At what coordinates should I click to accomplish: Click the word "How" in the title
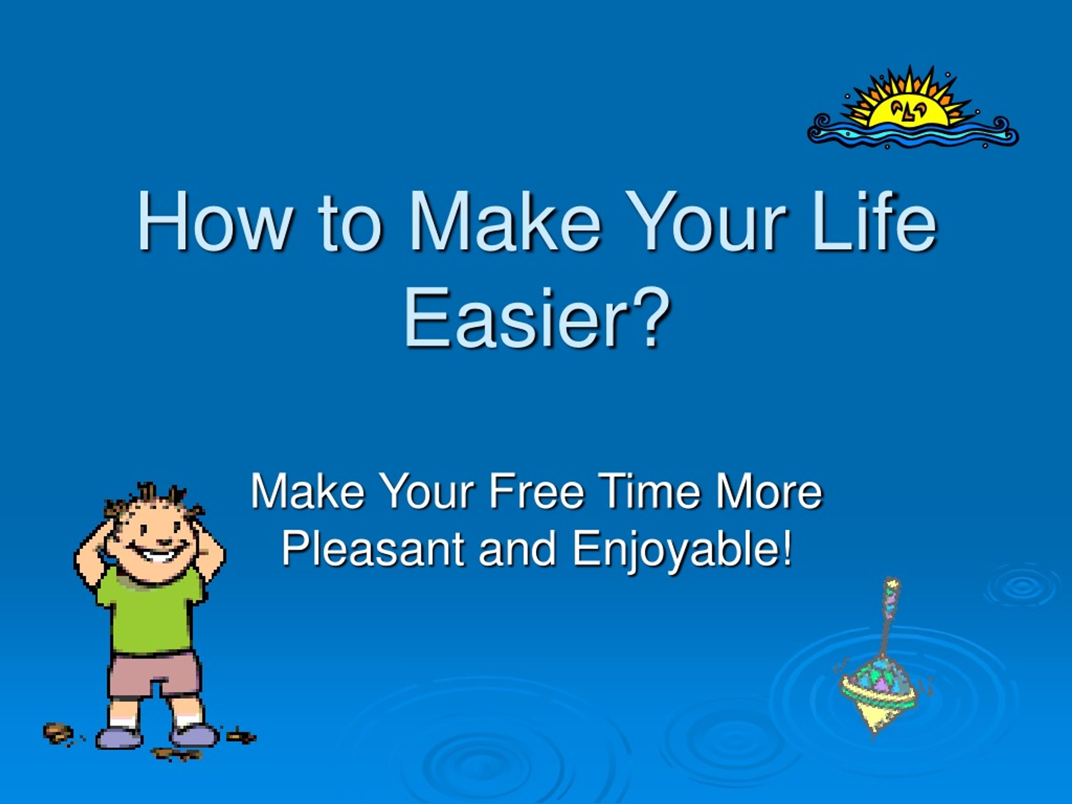click(x=215, y=221)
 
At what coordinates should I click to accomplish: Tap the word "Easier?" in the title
click(x=537, y=318)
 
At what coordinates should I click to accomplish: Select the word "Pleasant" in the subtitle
click(x=373, y=549)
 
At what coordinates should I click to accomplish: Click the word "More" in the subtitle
click(x=770, y=492)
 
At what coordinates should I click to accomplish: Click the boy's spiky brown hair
click(x=154, y=502)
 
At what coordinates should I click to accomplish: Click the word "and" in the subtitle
click(x=518, y=549)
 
